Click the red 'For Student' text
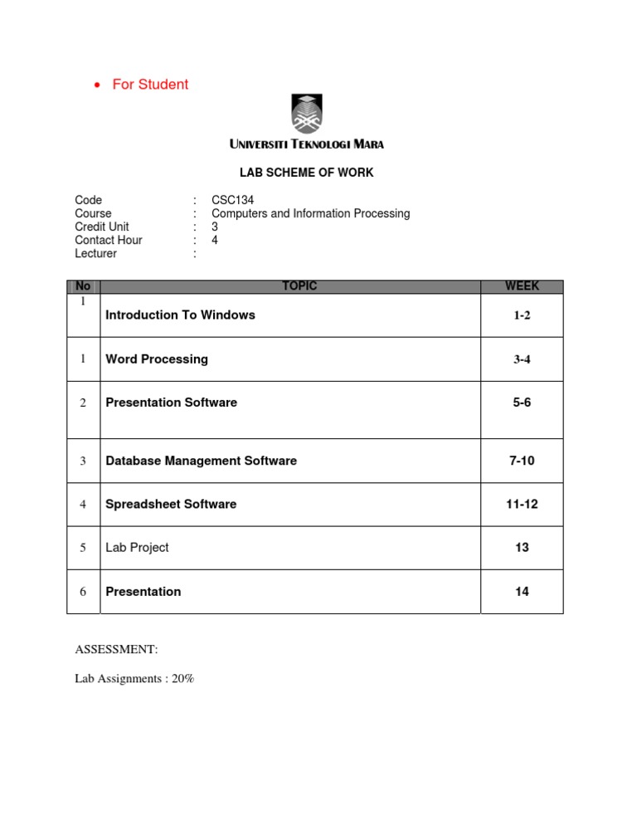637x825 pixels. pos(150,84)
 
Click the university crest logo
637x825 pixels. pos(306,115)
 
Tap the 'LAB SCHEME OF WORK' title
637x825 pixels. pos(306,173)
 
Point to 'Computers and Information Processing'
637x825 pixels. pos(311,213)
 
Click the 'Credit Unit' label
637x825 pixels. pos(102,227)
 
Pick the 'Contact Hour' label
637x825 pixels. pos(109,240)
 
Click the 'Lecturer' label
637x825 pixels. pos(96,253)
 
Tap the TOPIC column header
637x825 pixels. pos(299,286)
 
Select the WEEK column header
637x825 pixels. pos(522,286)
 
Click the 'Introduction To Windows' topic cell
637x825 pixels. pos(181,315)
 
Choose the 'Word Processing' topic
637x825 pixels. pos(157,359)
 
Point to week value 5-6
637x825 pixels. pos(521,403)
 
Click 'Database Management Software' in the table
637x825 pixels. pos(202,461)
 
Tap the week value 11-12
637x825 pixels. pos(522,504)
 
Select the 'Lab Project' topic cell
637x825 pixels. pos(137,548)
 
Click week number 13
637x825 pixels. pos(522,548)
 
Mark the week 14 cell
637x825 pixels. pos(522,592)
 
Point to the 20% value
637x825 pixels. pos(182,679)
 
